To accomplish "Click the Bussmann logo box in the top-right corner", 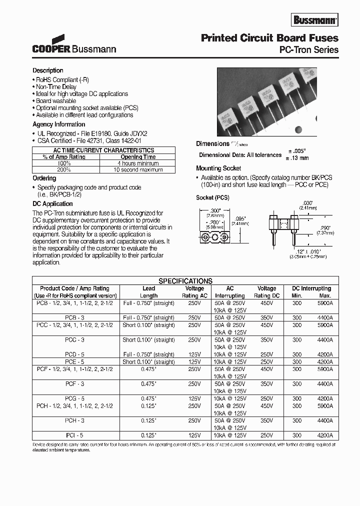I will pos(315,20).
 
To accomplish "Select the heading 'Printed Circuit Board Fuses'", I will pos(269,38).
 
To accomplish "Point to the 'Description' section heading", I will pos(48,70).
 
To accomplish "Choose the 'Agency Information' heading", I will pos(59,124).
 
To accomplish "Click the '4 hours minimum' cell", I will pos(138,163).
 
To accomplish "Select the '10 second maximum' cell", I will pos(138,170).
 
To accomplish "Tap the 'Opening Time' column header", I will pos(138,157).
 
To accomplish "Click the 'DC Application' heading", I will pos(52,203).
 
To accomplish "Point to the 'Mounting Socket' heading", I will pos(218,168).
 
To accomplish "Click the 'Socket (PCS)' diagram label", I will pos(212,197).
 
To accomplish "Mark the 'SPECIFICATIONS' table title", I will pos(185,281).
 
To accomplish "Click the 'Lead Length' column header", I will pos(148,291).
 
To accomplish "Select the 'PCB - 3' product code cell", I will pos(73,317).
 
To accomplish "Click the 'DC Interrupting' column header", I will pos(311,288).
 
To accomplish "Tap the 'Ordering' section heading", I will pos(44,178).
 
